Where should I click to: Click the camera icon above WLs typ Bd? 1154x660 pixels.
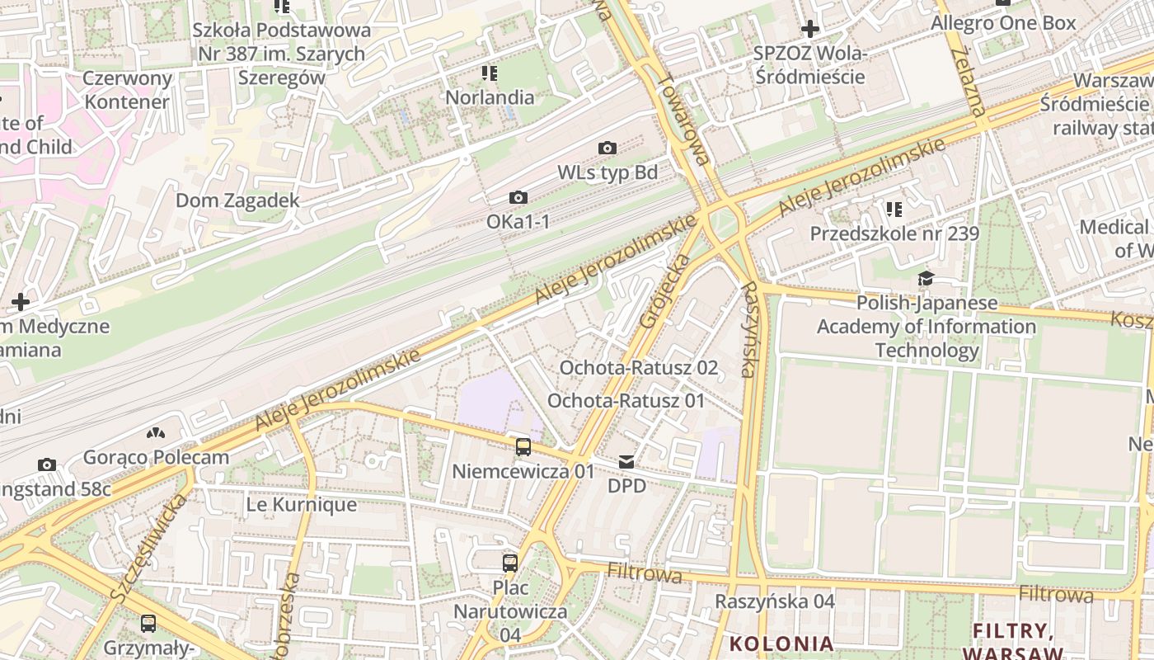tap(607, 148)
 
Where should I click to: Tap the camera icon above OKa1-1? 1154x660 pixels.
tap(518, 198)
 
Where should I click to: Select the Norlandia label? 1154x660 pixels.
tap(490, 97)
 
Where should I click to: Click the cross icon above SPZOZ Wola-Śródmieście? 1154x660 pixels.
tap(810, 30)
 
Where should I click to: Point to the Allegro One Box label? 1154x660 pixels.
tap(1003, 23)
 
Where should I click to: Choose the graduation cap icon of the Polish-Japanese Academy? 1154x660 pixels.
tap(926, 279)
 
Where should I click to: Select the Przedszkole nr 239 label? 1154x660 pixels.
tap(894, 233)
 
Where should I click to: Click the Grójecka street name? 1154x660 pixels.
tap(664, 290)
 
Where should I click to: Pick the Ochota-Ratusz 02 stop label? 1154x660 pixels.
tap(639, 368)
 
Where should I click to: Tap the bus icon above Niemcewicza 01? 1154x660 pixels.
tap(523, 447)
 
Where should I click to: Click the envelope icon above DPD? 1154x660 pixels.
tap(627, 461)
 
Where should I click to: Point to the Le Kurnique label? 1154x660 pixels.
tap(302, 505)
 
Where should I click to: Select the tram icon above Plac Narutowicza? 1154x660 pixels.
tap(510, 563)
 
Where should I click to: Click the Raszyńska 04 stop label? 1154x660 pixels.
tap(775, 601)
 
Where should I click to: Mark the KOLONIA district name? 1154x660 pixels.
tap(781, 643)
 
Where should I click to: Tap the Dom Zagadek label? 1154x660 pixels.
tap(237, 200)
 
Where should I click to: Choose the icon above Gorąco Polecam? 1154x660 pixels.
tap(156, 432)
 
